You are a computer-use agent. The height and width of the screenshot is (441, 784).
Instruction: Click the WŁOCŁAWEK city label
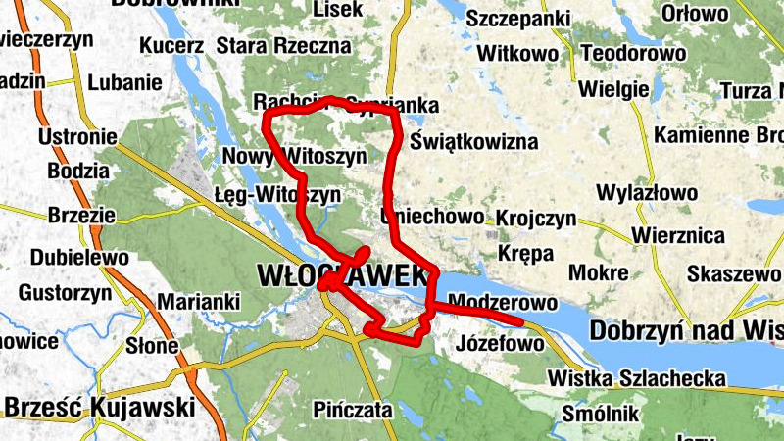coord(343,275)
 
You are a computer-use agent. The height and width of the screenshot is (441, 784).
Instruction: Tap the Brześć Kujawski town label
coord(99,407)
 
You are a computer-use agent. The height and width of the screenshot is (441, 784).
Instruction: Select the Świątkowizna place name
coord(474,142)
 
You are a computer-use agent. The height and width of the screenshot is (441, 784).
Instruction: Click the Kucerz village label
coord(171,45)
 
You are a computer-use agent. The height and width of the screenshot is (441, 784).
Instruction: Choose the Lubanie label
coord(118,83)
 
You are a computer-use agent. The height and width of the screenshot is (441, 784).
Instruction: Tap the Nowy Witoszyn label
coord(295,156)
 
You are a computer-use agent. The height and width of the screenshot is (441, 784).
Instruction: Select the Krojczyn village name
coord(536,218)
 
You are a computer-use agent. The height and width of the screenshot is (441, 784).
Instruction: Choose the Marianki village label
coord(199,302)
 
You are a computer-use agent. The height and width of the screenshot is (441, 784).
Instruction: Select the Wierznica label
coord(678,236)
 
